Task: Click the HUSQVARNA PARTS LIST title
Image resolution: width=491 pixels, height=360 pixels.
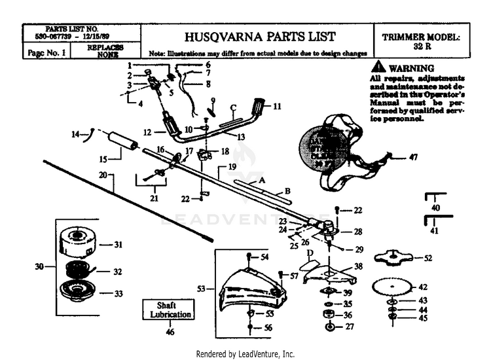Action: click(x=260, y=37)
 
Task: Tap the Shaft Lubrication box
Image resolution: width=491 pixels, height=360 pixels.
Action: click(x=168, y=310)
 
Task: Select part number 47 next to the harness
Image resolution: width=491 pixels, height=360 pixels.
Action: click(x=413, y=157)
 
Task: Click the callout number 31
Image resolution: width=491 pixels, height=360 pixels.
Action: click(x=118, y=245)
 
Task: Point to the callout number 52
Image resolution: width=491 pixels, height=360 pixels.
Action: click(x=427, y=259)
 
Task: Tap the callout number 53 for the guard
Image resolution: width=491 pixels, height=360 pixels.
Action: click(x=201, y=288)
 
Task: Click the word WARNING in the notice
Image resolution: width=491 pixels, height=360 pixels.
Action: click(x=410, y=69)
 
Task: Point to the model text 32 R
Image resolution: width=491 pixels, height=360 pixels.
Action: click(x=421, y=47)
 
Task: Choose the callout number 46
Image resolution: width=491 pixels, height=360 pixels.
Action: click(x=170, y=333)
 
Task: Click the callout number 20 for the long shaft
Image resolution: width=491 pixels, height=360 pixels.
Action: click(x=102, y=175)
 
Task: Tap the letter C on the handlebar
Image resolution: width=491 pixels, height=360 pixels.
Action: click(x=232, y=107)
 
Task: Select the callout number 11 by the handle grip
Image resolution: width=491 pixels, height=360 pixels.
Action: click(x=277, y=105)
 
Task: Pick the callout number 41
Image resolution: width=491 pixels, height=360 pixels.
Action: click(x=435, y=231)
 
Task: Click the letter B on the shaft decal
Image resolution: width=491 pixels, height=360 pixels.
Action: click(x=287, y=191)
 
